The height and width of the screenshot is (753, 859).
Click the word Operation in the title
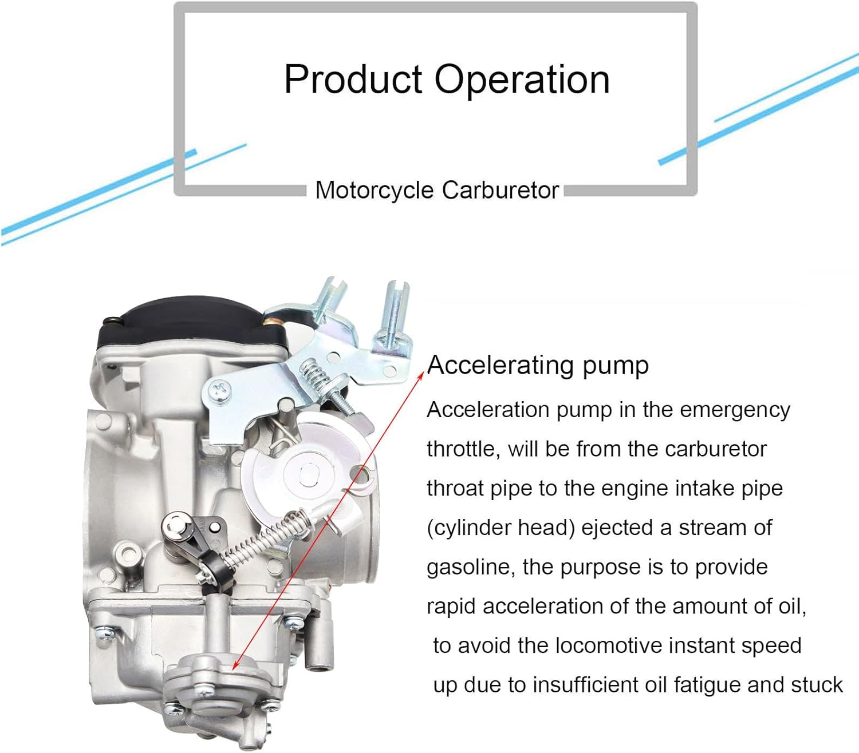522,80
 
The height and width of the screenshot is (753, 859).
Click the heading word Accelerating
501,366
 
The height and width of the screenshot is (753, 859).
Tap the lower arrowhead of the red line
234,665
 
